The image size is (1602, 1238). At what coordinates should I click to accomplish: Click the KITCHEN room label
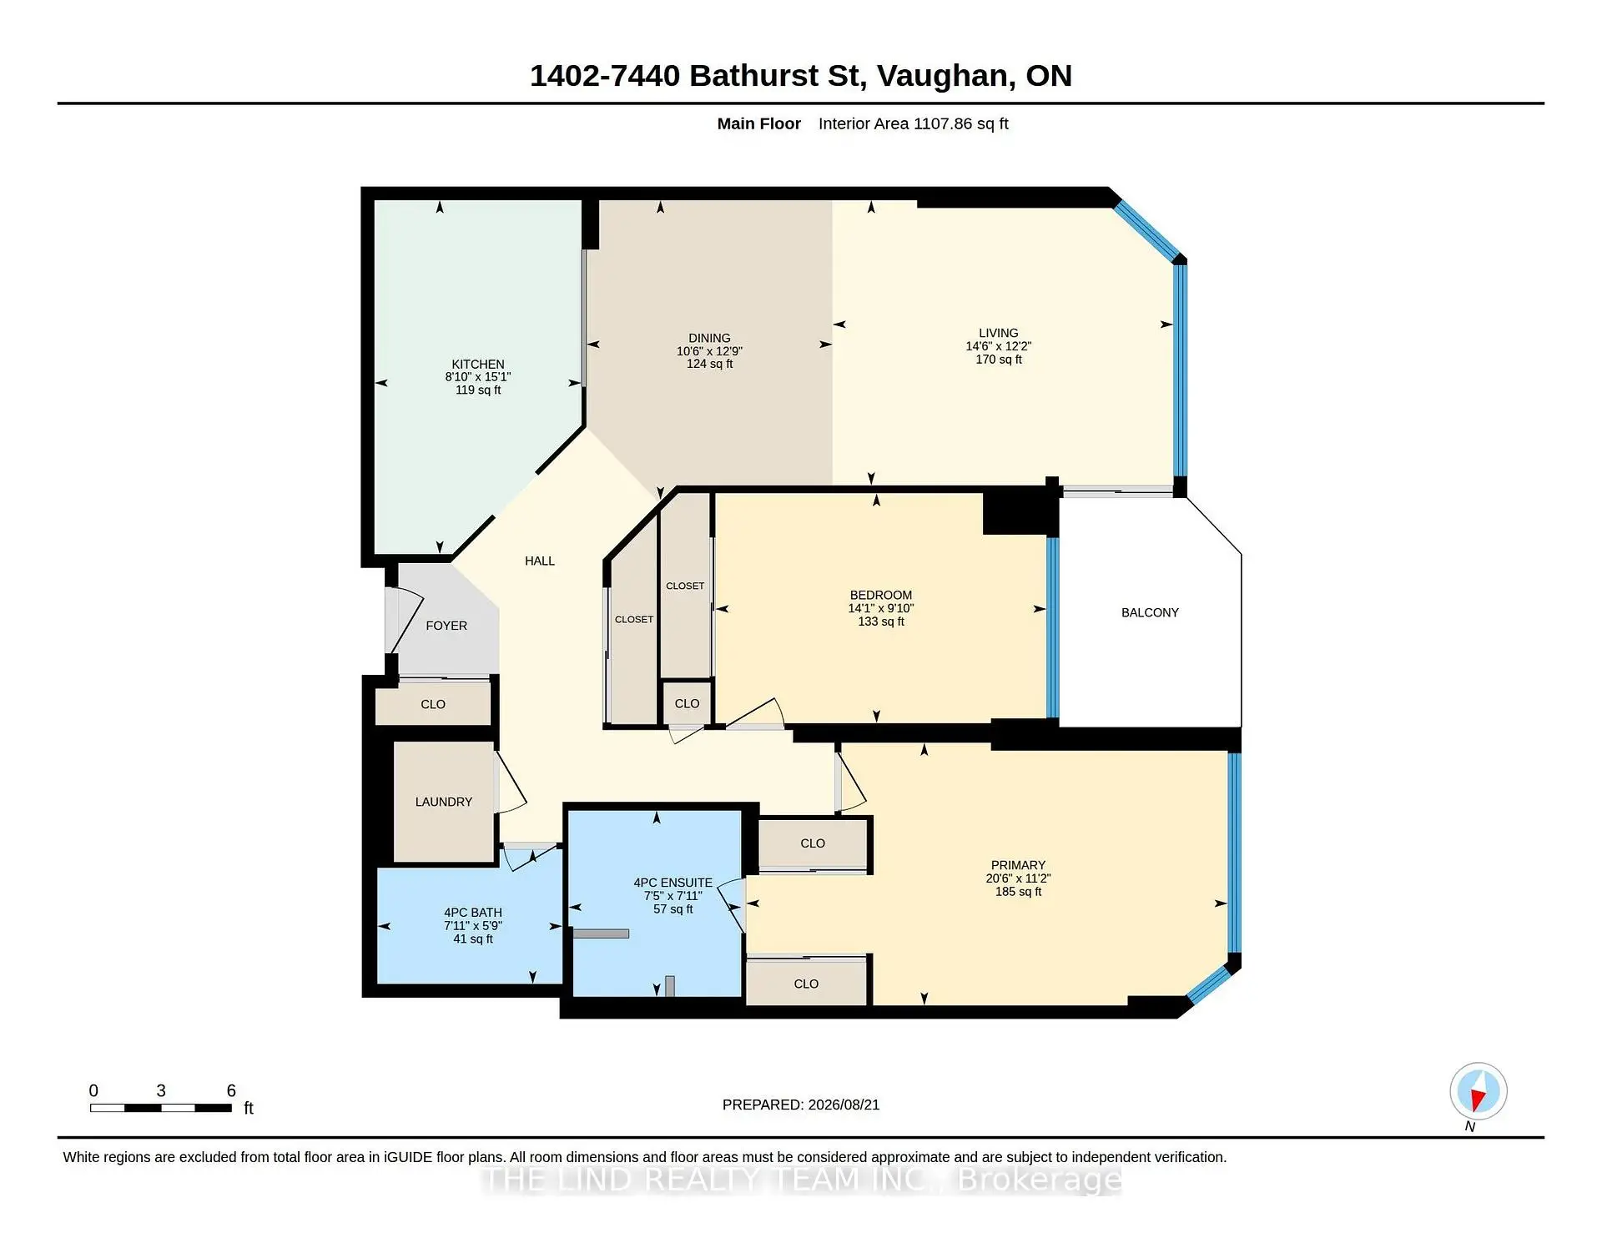[x=478, y=365]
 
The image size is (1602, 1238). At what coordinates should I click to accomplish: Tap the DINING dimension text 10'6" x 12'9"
[x=709, y=351]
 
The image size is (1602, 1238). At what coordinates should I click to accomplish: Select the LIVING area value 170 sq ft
[x=999, y=360]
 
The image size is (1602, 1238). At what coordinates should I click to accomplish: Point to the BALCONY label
[x=1150, y=612]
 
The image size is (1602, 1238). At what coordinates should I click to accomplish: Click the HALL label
[x=540, y=561]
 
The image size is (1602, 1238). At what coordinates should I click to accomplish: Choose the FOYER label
[x=446, y=626]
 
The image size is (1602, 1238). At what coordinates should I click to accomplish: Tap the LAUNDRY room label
[x=444, y=802]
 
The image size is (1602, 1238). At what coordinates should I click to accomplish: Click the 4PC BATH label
[x=473, y=913]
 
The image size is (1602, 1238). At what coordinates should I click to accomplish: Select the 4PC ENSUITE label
[x=673, y=883]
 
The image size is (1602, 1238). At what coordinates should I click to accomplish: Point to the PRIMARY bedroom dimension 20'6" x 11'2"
[x=1018, y=878]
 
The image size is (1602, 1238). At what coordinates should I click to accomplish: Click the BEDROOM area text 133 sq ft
[x=881, y=622]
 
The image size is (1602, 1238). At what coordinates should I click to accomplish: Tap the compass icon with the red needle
[x=1479, y=1091]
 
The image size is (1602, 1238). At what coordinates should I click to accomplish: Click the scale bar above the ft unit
[x=161, y=1108]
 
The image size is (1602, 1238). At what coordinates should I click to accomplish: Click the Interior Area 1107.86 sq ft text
[x=914, y=123]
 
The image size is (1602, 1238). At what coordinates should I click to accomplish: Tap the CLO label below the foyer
[x=433, y=705]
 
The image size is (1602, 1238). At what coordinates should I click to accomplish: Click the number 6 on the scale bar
[x=231, y=1090]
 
